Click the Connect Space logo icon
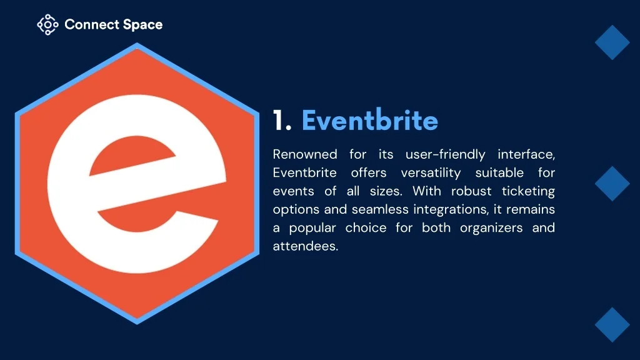pyautogui.click(x=47, y=25)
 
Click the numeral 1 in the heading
pyautogui.click(x=279, y=121)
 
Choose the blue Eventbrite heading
pyautogui.click(x=370, y=120)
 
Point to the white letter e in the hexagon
pyautogui.click(x=137, y=184)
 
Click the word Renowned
pyautogui.click(x=305, y=154)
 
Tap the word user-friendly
pyautogui.click(x=445, y=155)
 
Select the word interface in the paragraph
pyautogui.click(x=526, y=154)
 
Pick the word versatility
pyautogui.click(x=431, y=173)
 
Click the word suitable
pyautogui.click(x=499, y=172)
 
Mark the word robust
pyautogui.click(x=471, y=191)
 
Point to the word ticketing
pyautogui.click(x=528, y=191)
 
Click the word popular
pyautogui.click(x=312, y=228)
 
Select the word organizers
pyautogui.click(x=491, y=228)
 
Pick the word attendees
pyautogui.click(x=305, y=246)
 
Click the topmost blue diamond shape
pyautogui.click(x=612, y=42)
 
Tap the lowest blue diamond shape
pyautogui.click(x=612, y=325)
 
